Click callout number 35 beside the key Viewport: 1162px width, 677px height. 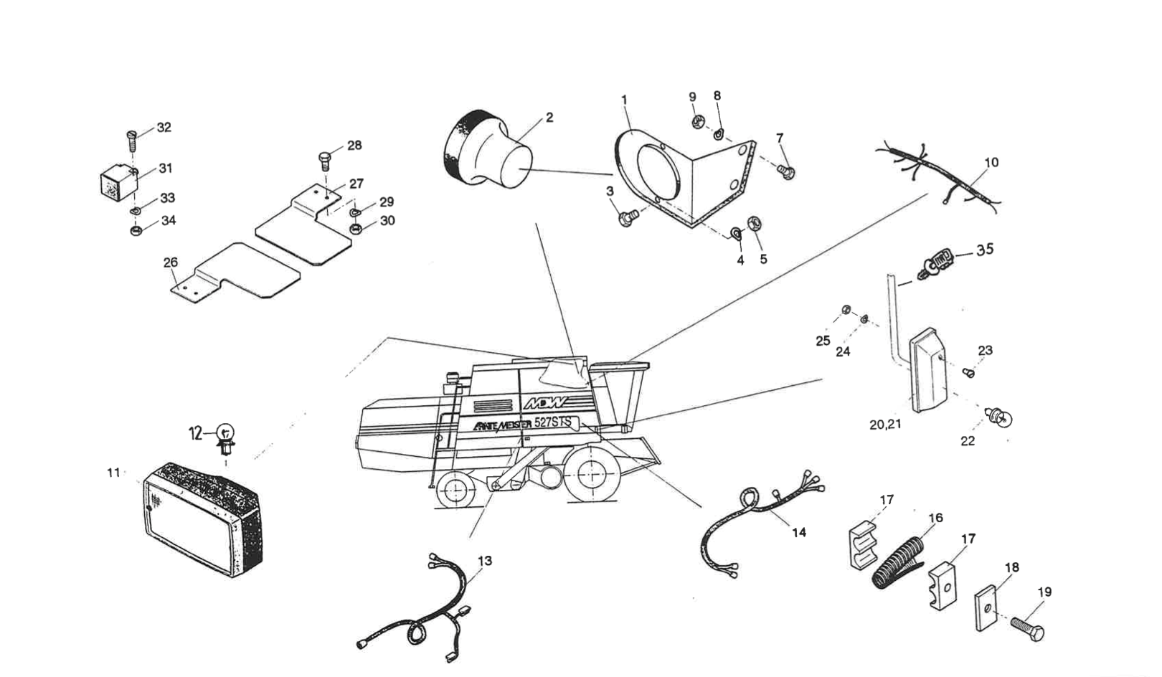tap(985, 250)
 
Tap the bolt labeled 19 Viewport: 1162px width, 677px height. tap(1026, 626)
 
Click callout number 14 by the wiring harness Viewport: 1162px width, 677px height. tap(799, 532)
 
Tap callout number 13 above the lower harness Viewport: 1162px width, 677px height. tap(486, 561)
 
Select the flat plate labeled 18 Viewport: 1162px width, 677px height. tap(988, 608)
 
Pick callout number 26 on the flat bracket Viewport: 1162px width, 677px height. tap(170, 262)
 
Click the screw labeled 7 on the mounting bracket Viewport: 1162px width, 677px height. tap(786, 170)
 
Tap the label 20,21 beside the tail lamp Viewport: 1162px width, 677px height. tap(885, 424)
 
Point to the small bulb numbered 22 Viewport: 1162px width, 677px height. tap(1000, 417)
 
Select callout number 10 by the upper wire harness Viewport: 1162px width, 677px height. tap(991, 163)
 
